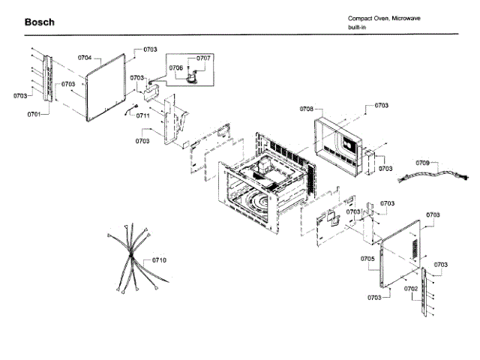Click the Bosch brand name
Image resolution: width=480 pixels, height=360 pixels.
(x=39, y=22)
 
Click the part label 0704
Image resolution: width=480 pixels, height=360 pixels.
(x=85, y=57)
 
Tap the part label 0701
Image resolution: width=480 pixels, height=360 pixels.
(x=34, y=114)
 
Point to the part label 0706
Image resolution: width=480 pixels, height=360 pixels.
(x=176, y=67)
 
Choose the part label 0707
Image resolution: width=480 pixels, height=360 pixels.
(x=204, y=58)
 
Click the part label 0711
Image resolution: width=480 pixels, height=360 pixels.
(x=142, y=115)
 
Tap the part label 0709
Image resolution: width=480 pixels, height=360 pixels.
(x=423, y=163)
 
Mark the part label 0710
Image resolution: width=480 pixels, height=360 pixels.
(x=158, y=259)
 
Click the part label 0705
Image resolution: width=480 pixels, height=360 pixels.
(x=367, y=258)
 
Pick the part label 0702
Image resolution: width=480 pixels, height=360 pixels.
(x=411, y=288)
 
